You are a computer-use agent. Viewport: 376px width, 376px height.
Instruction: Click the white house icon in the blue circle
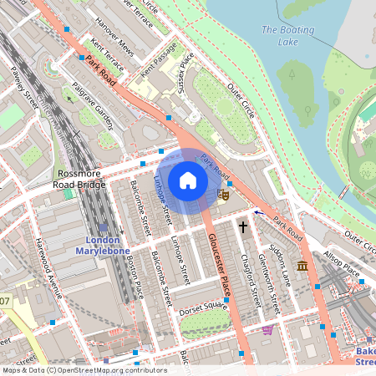(x=188, y=181)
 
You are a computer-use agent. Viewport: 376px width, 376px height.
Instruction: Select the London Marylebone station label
(x=98, y=245)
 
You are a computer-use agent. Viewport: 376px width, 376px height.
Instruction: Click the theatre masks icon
(x=223, y=194)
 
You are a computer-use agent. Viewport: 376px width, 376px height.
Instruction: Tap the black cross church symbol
(x=244, y=226)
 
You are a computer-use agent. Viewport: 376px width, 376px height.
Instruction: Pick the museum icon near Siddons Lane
(x=301, y=266)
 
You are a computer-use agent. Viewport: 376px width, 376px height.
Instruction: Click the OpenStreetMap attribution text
(x=84, y=369)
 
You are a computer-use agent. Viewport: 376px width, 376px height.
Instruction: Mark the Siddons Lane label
(x=280, y=266)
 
